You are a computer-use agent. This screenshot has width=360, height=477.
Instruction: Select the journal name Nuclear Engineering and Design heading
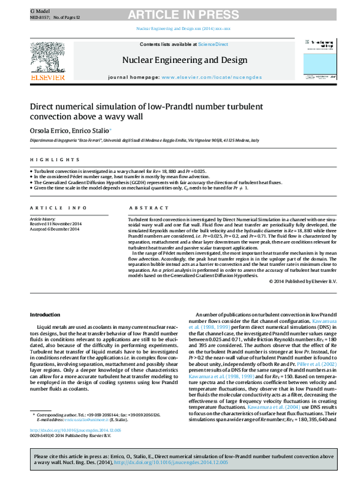point(184,60)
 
